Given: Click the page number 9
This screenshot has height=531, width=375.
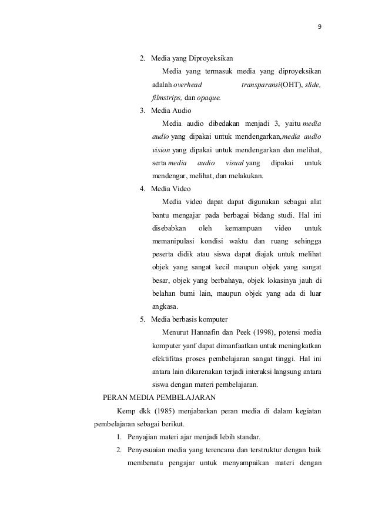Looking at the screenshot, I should tap(320, 26).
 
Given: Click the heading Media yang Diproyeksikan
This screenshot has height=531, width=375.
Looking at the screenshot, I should tap(192, 59).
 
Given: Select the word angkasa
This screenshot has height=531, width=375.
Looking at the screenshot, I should tap(165, 306).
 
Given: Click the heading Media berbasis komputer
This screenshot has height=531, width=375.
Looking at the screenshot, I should tap(189, 319).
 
